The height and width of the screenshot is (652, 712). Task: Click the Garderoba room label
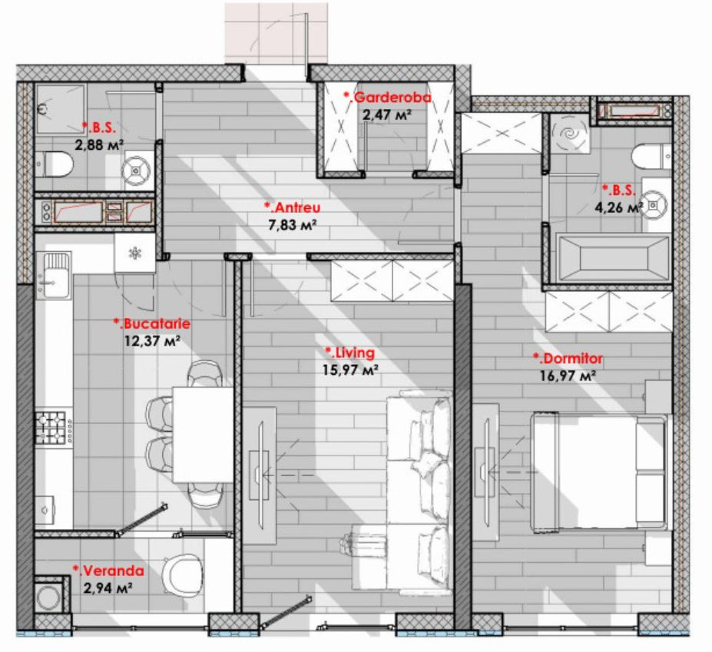pos(388,98)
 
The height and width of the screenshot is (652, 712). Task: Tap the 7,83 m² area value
pos(293,225)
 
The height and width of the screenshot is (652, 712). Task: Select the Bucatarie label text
pos(151,324)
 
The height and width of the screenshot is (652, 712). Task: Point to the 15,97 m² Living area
pos(350,370)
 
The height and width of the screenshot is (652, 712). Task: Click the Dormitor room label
pos(568,359)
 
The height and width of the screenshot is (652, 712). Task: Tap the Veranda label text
pos(108,571)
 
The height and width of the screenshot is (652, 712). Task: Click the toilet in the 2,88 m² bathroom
pos(55,164)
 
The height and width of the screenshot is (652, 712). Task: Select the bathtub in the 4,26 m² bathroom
pos(614,259)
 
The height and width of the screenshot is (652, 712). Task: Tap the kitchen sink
pos(55,276)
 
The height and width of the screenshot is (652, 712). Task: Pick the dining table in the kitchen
pos(203,435)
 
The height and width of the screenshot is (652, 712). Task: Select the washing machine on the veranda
pos(48,597)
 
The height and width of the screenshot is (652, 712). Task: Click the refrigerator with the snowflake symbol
pos(135,253)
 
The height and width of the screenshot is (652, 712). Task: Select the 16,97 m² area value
pos(568,376)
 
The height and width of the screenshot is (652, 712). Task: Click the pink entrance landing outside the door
pos(276,33)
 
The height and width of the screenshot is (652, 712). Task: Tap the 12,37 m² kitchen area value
pos(152,341)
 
